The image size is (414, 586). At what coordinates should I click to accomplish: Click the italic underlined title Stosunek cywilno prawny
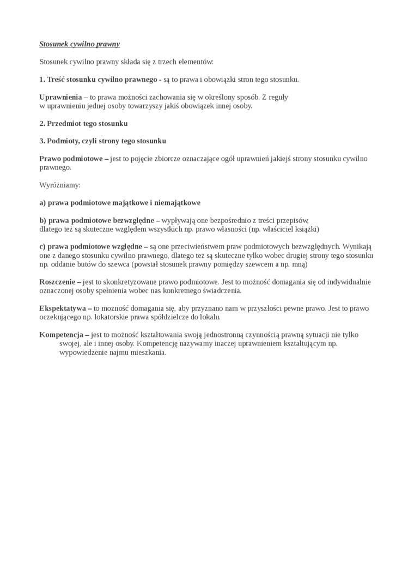(80, 44)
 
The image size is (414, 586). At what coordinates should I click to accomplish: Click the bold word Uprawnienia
(60, 97)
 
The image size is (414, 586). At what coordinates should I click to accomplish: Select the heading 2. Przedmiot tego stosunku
(83, 123)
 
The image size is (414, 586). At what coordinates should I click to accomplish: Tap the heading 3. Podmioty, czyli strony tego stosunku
(102, 141)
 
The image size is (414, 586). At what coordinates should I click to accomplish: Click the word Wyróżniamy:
(60, 185)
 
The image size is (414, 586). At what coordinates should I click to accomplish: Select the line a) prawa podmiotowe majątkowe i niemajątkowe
(120, 203)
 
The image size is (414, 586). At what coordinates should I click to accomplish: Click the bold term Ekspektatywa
(63, 308)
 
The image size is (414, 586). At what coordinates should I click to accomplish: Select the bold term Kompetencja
(61, 335)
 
